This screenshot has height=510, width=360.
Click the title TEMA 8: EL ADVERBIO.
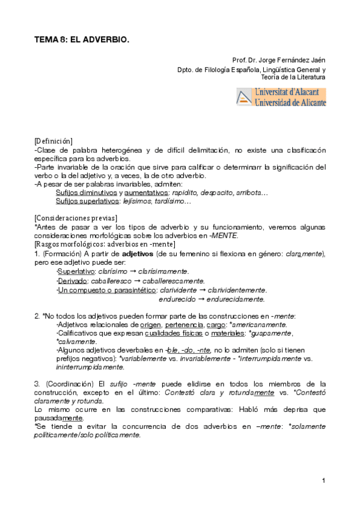click(x=82, y=39)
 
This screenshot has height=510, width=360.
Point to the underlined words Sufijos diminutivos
click(x=86, y=192)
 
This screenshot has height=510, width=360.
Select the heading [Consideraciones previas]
click(x=76, y=218)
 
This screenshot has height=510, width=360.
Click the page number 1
click(x=323, y=480)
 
